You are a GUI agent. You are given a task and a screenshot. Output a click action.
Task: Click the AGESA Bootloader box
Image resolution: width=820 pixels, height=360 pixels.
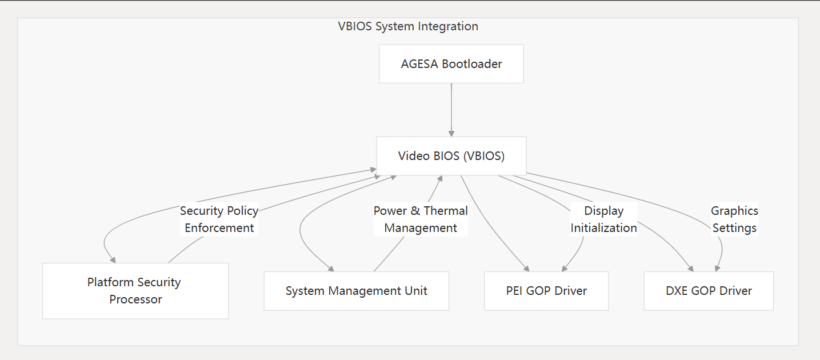(451, 64)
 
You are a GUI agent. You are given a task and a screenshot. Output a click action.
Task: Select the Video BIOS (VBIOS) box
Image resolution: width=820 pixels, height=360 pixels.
(451, 156)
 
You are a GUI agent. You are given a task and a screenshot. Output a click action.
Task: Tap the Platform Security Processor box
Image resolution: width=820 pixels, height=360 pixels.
(135, 291)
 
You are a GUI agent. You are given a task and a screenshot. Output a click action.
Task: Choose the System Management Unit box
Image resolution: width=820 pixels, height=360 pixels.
(356, 291)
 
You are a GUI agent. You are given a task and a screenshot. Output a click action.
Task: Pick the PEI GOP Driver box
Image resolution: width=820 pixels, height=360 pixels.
(546, 291)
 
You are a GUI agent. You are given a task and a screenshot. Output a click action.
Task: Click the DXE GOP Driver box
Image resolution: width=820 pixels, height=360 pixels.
(709, 291)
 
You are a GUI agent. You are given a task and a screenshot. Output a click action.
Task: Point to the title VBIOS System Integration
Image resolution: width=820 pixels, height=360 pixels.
(408, 26)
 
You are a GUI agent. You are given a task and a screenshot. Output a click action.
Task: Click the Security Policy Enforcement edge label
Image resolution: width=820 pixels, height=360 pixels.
(219, 219)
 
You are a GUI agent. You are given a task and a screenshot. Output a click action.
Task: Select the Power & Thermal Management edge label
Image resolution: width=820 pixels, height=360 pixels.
(421, 219)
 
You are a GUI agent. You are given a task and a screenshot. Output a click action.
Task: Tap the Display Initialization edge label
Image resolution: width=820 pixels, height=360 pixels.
(603, 219)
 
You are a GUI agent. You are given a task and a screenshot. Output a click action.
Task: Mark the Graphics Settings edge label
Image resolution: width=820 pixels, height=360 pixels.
(734, 219)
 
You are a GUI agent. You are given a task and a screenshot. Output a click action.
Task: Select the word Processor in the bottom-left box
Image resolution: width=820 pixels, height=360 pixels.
(135, 299)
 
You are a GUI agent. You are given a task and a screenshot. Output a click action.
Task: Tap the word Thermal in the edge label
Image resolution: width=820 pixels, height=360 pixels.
(446, 211)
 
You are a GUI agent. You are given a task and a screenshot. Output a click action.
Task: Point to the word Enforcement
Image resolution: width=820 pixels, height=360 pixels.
(219, 228)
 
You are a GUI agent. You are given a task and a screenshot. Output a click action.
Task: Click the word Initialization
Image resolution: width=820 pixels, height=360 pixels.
(603, 228)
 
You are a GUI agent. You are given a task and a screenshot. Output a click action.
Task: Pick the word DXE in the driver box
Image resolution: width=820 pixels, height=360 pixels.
(677, 291)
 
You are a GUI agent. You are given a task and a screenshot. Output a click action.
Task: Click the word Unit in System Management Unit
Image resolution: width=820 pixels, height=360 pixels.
(416, 291)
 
